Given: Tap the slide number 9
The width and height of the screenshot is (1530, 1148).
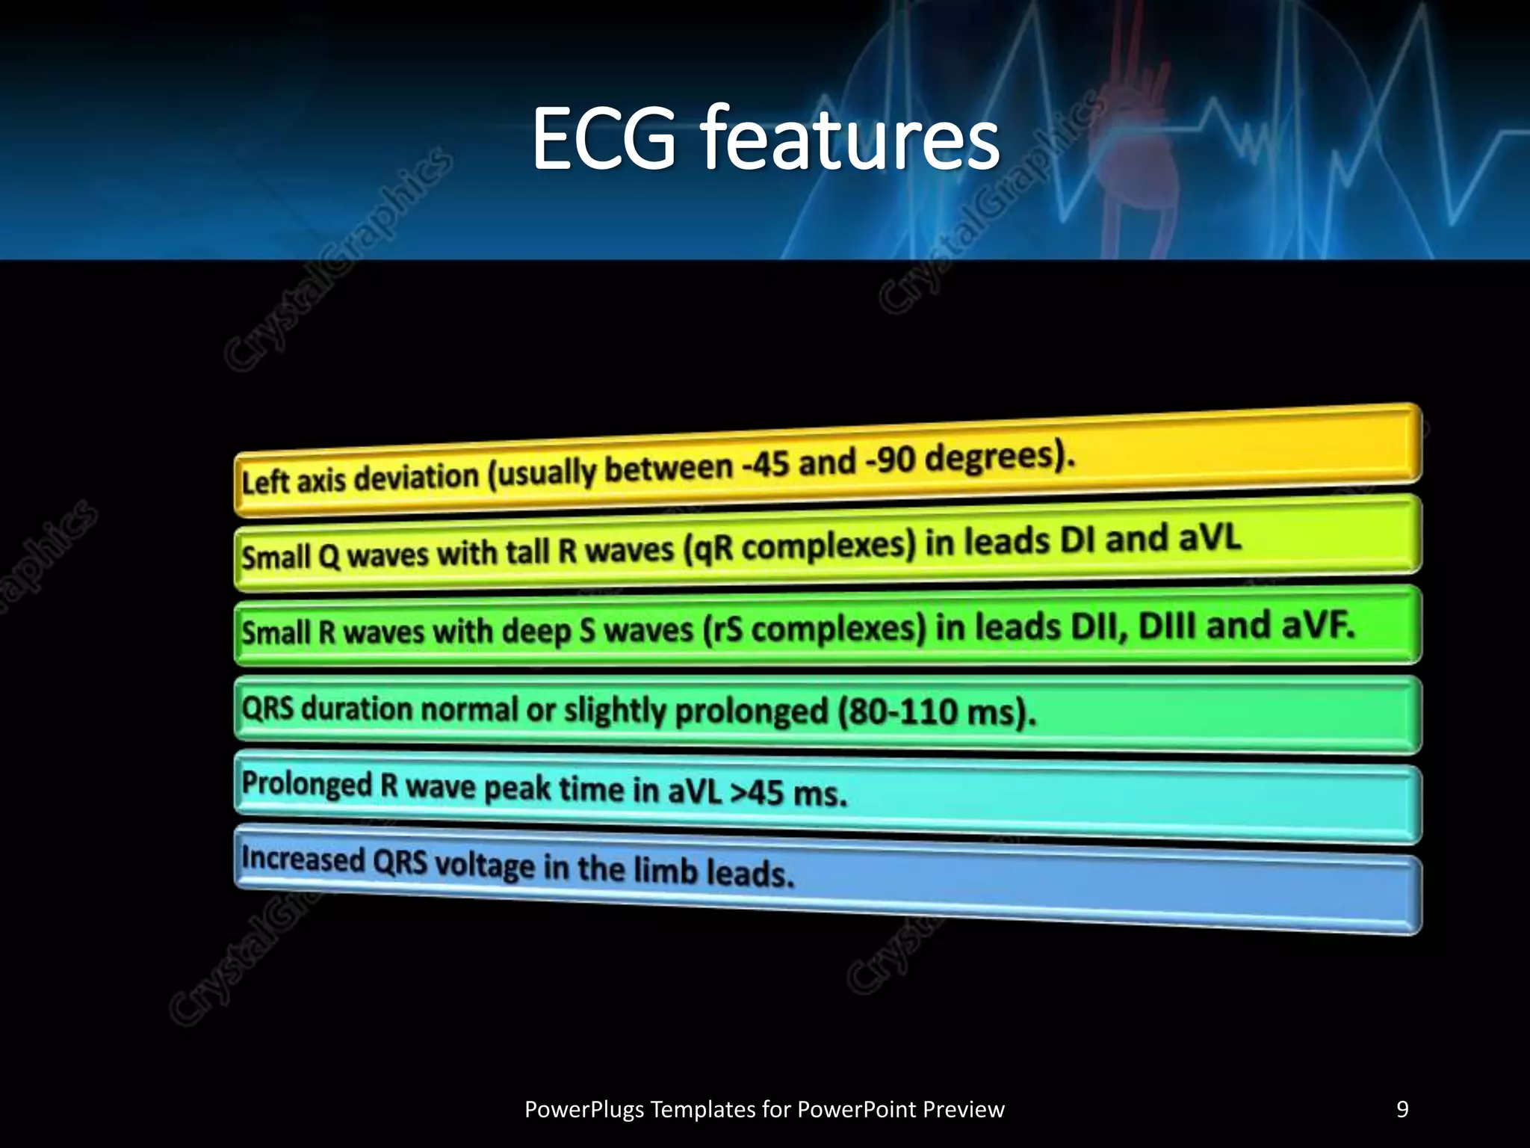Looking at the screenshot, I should click(1402, 1109).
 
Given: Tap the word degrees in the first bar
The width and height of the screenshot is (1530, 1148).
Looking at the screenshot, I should click(994, 456).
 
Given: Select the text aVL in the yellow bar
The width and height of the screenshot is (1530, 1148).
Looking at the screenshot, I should click(1210, 537).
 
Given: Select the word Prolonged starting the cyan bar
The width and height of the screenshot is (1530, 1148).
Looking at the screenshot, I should click(306, 784).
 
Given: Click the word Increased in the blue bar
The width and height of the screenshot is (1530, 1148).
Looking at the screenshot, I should click(303, 860).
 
